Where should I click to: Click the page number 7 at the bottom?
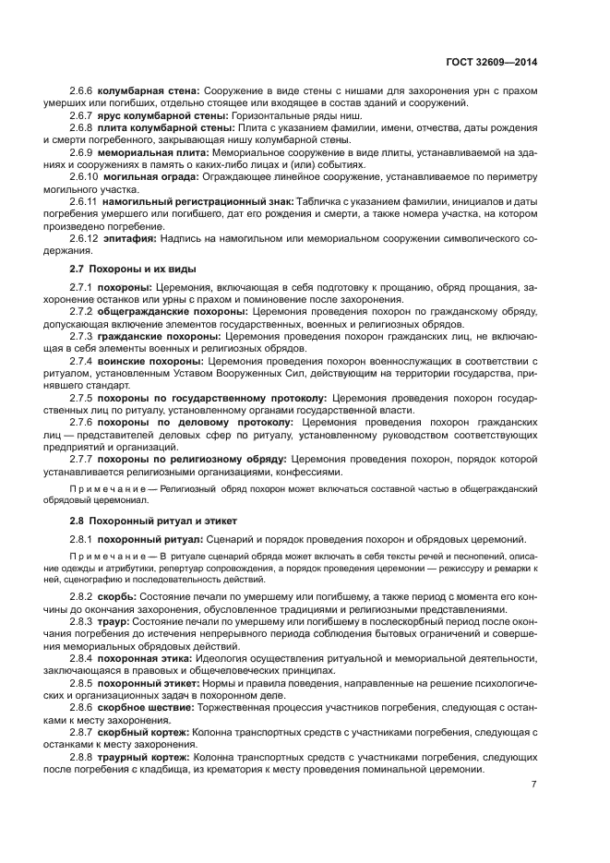click(533, 785)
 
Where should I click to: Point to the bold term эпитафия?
click(129, 238)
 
